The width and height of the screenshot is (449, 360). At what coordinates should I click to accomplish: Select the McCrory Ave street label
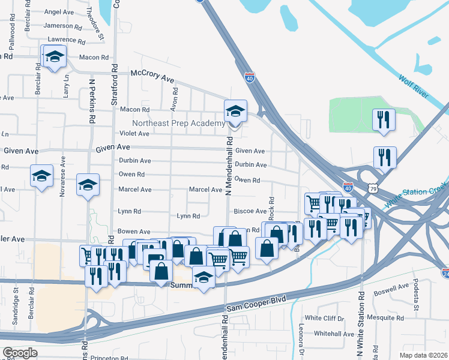[152, 76]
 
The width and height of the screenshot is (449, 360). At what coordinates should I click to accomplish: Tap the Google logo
[20, 353]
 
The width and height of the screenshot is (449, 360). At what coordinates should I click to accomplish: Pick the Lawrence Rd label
[62, 40]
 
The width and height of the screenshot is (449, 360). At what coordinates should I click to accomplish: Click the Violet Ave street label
[134, 133]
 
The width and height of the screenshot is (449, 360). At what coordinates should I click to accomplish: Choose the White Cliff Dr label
[324, 318]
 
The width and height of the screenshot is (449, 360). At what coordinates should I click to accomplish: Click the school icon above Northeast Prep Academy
[235, 111]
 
